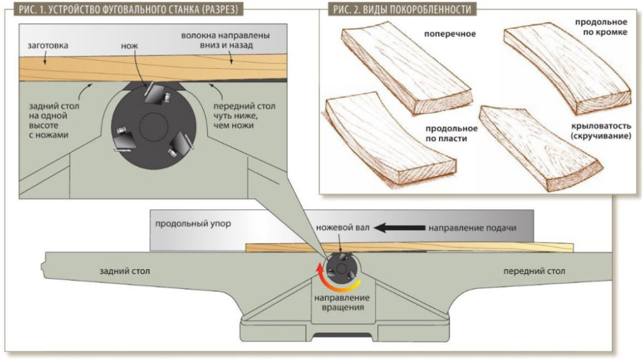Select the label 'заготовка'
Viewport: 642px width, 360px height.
click(48, 46)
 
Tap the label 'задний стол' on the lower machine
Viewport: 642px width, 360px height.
click(124, 272)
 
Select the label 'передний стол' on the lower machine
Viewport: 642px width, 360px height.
click(534, 272)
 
